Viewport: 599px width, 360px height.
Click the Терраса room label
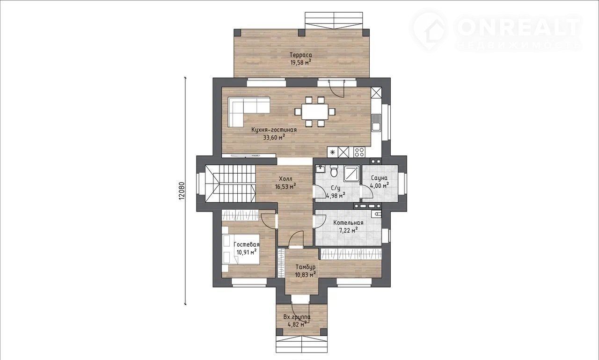click(x=301, y=55)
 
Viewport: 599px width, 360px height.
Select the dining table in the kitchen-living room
click(x=315, y=111)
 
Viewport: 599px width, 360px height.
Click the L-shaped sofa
click(x=62, y=112)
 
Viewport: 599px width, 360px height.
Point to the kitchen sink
click(x=376, y=123)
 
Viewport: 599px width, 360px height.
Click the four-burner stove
click(x=359, y=152)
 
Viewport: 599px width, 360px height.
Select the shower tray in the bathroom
click(x=352, y=174)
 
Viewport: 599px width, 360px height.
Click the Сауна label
click(x=379, y=178)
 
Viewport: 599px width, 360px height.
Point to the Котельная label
click(x=348, y=223)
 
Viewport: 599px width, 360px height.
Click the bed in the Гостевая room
click(x=241, y=249)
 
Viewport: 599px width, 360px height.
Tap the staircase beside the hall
click(x=230, y=184)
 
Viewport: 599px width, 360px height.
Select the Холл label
click(x=285, y=179)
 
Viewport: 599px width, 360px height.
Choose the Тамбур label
click(x=306, y=267)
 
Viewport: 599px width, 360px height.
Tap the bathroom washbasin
click(x=320, y=169)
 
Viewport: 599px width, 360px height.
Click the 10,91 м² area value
click(x=246, y=252)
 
